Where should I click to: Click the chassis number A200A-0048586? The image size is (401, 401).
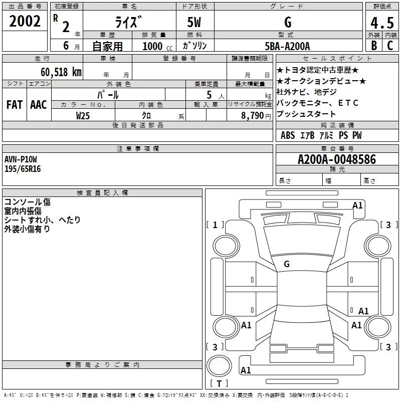tap(336, 160)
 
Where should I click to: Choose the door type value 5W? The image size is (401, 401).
tap(194, 23)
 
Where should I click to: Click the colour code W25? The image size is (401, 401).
tap(83, 115)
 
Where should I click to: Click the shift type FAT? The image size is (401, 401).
tap(14, 105)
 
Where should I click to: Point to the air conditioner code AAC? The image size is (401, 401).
tap(38, 105)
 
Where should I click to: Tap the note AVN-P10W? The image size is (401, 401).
tap(21, 159)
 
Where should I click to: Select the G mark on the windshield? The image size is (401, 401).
tap(287, 264)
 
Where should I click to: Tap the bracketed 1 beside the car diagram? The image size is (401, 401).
tap(216, 225)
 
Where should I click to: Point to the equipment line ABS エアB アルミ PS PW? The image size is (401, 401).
tap(321, 135)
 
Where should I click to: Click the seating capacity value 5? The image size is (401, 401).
tap(208, 95)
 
